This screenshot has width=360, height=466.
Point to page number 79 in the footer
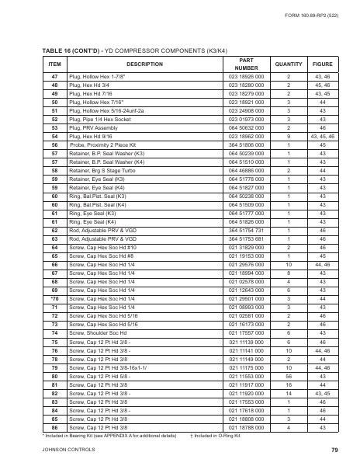pyautogui.click(x=334, y=450)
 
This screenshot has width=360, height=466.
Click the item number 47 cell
pyautogui.click(x=54, y=77)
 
